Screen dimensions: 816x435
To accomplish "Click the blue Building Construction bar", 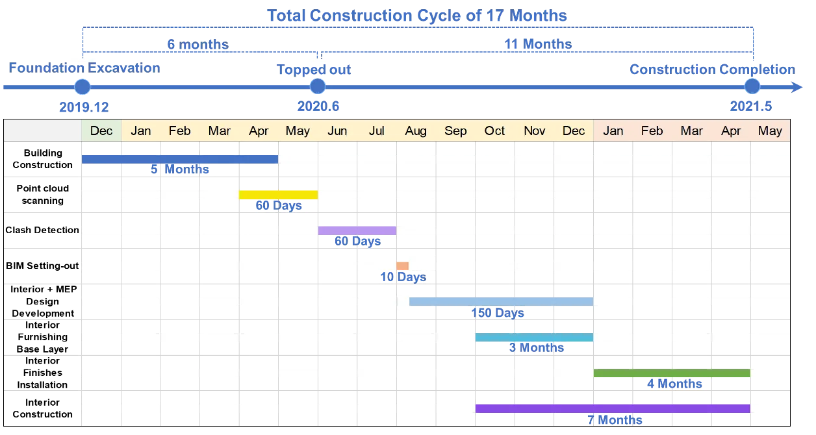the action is pyautogui.click(x=180, y=159).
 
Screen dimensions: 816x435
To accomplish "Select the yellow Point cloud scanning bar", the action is pyautogui.click(x=278, y=195).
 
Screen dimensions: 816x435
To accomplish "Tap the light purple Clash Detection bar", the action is pyautogui.click(x=357, y=230).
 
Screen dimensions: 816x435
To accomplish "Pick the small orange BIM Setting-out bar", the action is pyautogui.click(x=403, y=266).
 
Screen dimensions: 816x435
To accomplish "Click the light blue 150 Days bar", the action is pyautogui.click(x=502, y=301).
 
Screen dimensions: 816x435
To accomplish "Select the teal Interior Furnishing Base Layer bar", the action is pyautogui.click(x=535, y=337).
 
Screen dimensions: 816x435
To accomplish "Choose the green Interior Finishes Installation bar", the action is pyautogui.click(x=672, y=373).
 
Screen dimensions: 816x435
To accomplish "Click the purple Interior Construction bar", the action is pyautogui.click(x=613, y=408).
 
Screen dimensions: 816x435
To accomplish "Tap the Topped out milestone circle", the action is pyautogui.click(x=318, y=86).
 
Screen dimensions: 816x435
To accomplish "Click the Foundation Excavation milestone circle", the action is pyautogui.click(x=83, y=87).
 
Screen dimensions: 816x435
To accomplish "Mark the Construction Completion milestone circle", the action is pyautogui.click(x=752, y=86).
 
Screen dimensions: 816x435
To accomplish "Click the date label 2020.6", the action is pyautogui.click(x=318, y=106).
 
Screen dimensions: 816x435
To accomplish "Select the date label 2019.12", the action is pyautogui.click(x=84, y=107).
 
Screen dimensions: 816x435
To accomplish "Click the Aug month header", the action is pyautogui.click(x=416, y=130).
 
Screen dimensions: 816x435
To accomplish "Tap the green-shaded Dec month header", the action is pyautogui.click(x=101, y=130).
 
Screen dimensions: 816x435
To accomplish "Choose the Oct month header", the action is pyautogui.click(x=494, y=130).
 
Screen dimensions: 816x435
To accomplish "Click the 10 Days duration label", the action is pyautogui.click(x=403, y=277).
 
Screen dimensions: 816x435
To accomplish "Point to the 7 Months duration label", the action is pyautogui.click(x=615, y=419).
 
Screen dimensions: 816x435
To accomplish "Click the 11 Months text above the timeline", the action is pyautogui.click(x=538, y=44).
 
